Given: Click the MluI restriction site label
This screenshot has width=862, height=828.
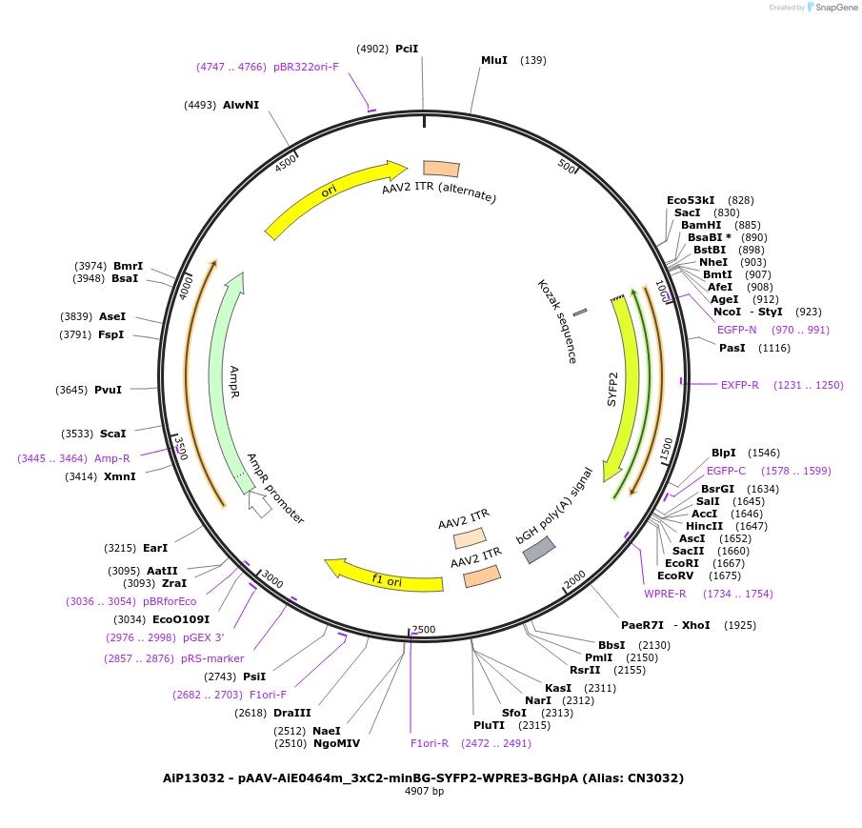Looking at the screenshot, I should pos(493,60).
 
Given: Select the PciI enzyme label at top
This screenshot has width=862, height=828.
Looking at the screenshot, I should pos(407,49).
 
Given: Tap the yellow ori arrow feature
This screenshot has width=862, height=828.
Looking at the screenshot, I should pos(333,198).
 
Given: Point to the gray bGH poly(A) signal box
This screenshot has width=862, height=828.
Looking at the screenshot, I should pos(539,550).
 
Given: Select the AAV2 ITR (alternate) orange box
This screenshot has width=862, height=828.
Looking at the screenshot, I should pos(441,169).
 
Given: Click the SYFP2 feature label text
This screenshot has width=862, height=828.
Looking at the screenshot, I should pos(613,389).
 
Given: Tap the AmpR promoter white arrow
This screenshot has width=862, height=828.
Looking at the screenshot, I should pos(259,503).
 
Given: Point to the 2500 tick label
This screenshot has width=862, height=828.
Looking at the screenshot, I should pos(423,630).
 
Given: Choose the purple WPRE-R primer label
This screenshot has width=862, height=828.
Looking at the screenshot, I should pos(665,594).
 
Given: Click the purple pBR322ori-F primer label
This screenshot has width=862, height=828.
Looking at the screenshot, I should pos(306,67).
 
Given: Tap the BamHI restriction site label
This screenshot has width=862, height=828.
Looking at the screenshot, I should pos(701,225).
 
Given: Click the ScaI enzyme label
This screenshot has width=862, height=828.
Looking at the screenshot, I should pos(113,434).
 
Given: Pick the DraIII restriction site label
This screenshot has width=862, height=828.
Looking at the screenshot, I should pos(292,713).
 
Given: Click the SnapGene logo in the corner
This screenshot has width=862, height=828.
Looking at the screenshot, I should pos(831,8).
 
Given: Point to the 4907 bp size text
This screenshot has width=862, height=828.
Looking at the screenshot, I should pos(424,792).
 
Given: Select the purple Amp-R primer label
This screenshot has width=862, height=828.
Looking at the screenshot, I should pos(112,458).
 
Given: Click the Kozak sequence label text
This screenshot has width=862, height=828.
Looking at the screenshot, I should pos(557,321).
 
